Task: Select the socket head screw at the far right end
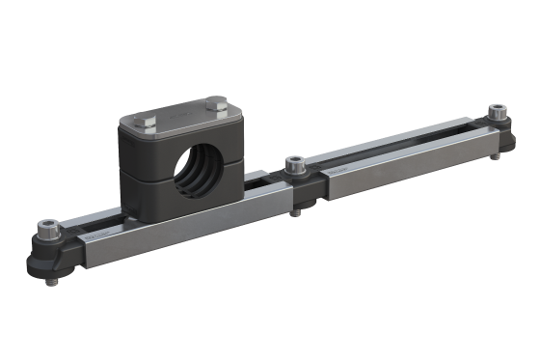point(498,112)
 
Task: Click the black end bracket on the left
point(43,252)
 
